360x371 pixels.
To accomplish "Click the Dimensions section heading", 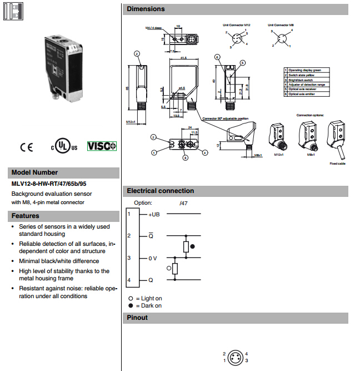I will [x=146, y=9].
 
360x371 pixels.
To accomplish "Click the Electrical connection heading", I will [x=161, y=191].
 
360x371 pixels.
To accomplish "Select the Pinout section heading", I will [x=137, y=318].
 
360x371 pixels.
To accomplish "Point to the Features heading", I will [x=25, y=216].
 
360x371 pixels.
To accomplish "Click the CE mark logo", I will [x=26, y=147].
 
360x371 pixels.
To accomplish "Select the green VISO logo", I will [x=102, y=146].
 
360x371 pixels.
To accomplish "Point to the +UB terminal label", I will [x=154, y=214].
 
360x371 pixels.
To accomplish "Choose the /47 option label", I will [x=184, y=204].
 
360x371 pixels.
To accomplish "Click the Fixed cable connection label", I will [x=337, y=164].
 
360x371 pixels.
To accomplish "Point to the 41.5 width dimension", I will [x=183, y=57].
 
